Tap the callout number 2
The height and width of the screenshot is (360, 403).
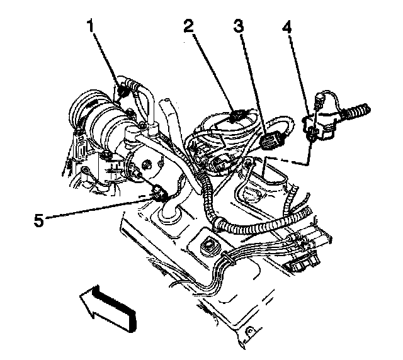coord(188,26)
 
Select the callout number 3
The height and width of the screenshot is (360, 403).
coord(239,26)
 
